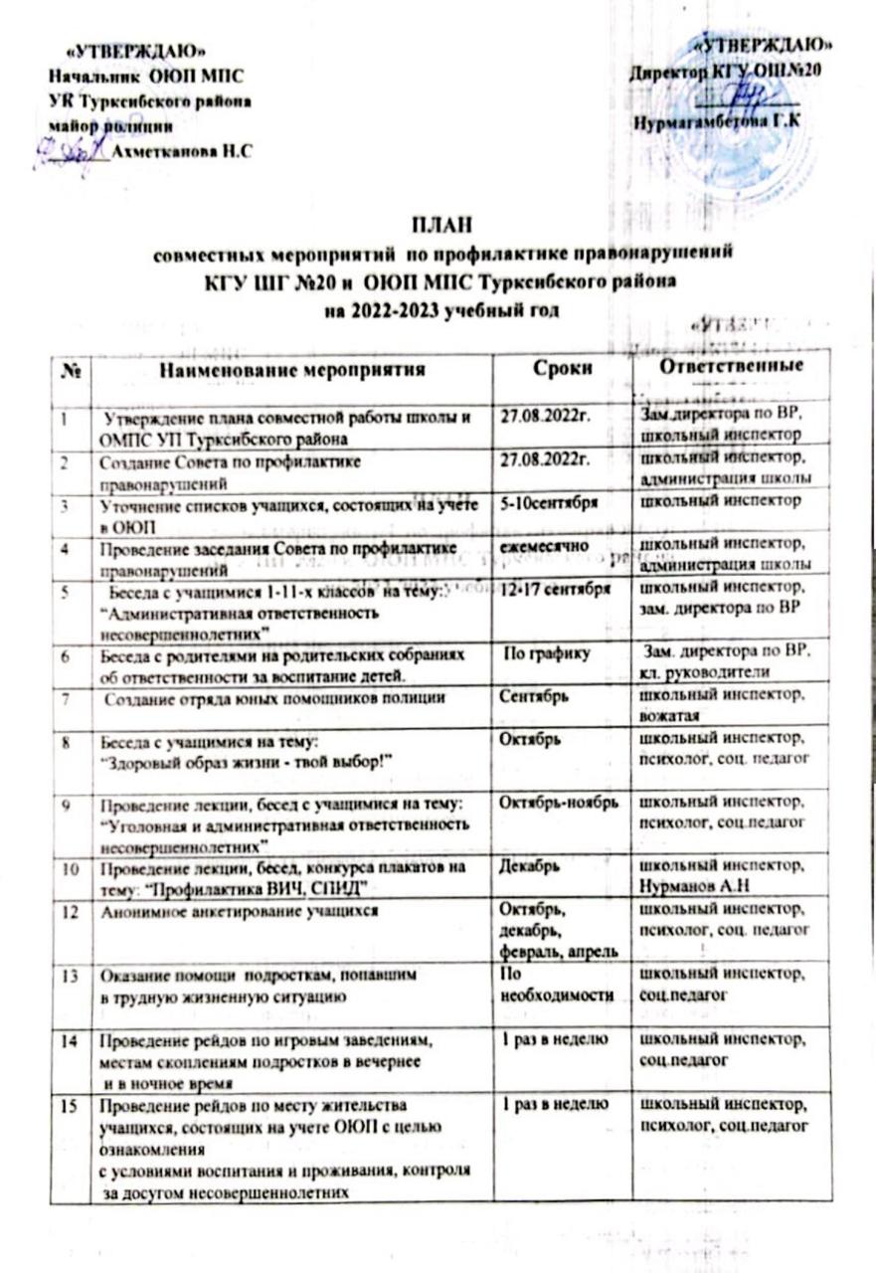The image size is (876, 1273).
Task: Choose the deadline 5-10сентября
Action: [x=549, y=504]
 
